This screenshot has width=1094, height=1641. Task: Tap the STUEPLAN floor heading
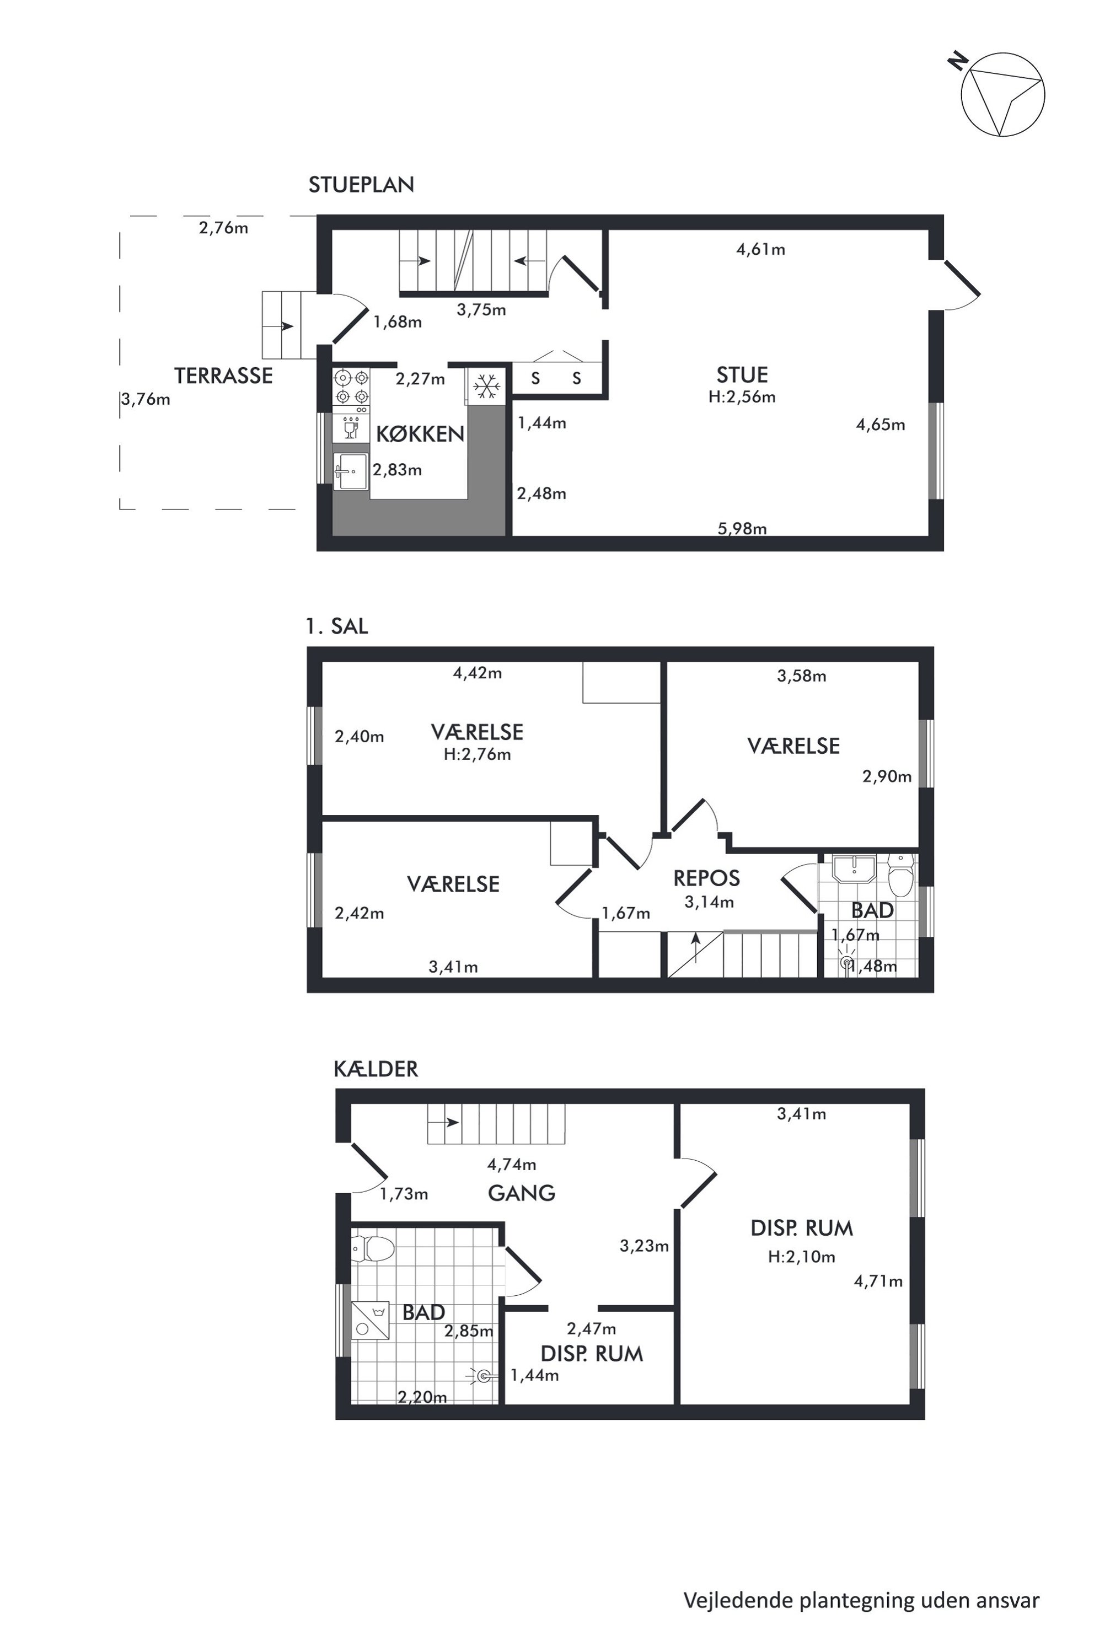[x=361, y=184]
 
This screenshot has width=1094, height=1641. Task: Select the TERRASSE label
[x=223, y=376]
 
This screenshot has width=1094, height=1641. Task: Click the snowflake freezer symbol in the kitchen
[x=486, y=385]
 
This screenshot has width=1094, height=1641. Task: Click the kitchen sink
[x=351, y=471]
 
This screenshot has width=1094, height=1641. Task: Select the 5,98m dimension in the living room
[x=742, y=529]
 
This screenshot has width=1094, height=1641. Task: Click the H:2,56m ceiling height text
[x=742, y=397]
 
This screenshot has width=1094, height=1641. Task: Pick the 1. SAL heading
[x=336, y=626]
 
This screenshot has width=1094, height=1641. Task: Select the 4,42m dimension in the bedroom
[x=477, y=673]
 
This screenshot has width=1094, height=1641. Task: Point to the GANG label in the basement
[x=521, y=1193]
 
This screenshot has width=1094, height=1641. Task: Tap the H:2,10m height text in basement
[x=801, y=1257]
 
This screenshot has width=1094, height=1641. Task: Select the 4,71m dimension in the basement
[x=878, y=1281]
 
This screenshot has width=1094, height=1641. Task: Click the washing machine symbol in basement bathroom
[x=370, y=1320]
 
